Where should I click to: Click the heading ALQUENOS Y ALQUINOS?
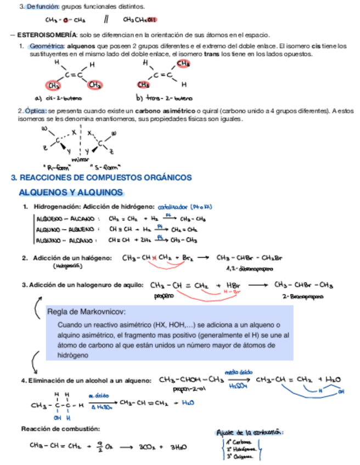click(71, 192)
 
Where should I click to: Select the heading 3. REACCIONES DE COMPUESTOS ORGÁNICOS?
click(102, 178)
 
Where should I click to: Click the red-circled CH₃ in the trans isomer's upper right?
click(183, 64)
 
